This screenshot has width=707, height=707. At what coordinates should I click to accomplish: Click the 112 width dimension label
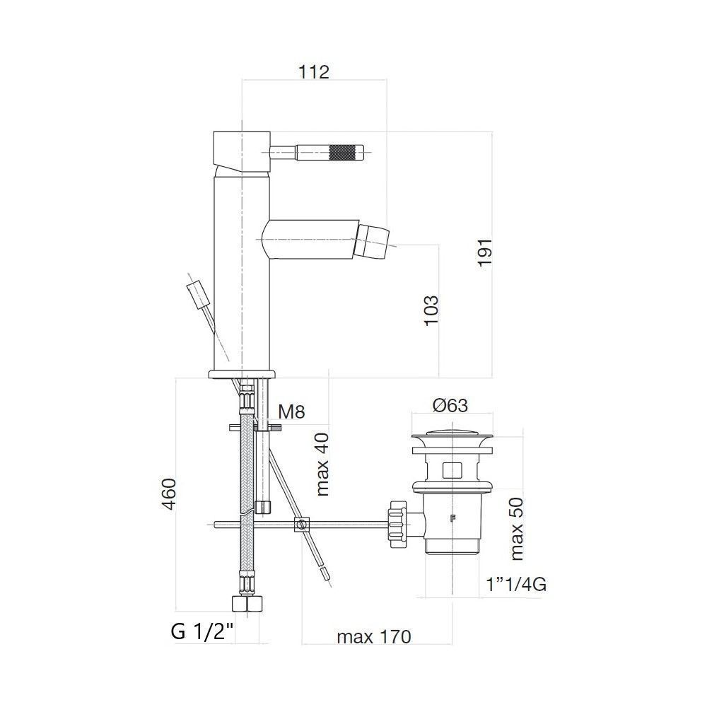(x=314, y=71)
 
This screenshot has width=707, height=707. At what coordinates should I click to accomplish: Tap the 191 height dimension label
(x=485, y=253)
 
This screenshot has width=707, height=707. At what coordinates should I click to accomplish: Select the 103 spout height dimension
(x=431, y=310)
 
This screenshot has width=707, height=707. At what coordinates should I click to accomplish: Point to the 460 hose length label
(x=169, y=494)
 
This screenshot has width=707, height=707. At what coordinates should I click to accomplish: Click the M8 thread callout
(x=291, y=411)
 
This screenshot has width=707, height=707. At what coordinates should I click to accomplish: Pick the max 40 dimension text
(x=323, y=464)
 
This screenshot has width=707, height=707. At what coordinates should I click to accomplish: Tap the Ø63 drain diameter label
(x=450, y=405)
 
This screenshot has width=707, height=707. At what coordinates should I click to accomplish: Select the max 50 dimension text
(x=517, y=529)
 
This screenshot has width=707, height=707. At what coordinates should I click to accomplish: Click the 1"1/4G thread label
(x=517, y=585)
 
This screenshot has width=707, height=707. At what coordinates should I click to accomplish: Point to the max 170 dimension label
(x=374, y=637)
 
